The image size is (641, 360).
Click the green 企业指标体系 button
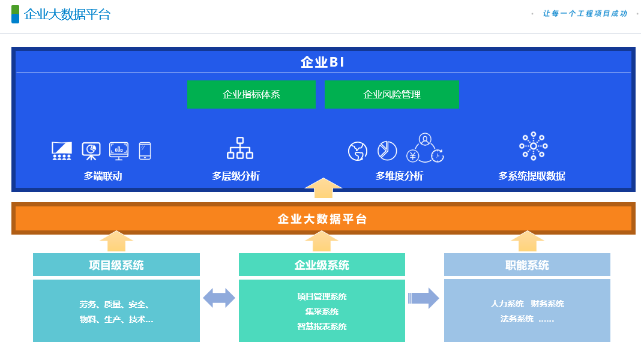tap(251, 94)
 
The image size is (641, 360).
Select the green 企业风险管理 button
tap(391, 94)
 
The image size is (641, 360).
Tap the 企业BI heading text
tap(323, 62)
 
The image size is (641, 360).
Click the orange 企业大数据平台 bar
tap(323, 219)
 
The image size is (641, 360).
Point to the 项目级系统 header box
tap(116, 265)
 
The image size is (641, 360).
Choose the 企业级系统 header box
tap(322, 265)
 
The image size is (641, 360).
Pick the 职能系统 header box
tap(527, 265)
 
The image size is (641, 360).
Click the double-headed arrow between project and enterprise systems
tap(219, 298)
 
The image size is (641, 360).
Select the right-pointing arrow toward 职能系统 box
tap(424, 298)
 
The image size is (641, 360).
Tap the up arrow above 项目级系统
tap(116, 241)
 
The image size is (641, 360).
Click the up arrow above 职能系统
tap(528, 241)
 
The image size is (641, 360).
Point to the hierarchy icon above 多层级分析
tap(240, 148)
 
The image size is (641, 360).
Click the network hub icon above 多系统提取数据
tap(533, 146)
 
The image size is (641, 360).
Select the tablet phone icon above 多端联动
tap(145, 151)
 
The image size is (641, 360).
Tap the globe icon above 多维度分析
tap(358, 151)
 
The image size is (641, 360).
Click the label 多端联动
tap(103, 176)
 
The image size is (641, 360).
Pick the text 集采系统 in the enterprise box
tap(322, 311)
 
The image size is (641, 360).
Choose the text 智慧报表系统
tap(322, 326)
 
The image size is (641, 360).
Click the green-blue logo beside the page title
tap(15, 14)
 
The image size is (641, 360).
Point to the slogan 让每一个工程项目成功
tap(585, 13)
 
